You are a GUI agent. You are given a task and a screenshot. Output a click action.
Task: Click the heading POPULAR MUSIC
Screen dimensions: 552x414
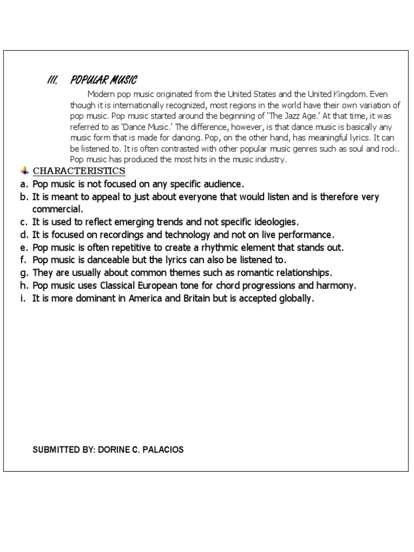pos(103,80)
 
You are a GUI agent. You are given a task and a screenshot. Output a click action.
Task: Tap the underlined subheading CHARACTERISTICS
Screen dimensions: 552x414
pos(79,171)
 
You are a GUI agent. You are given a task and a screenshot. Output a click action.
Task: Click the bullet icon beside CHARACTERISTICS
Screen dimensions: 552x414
pos(24,171)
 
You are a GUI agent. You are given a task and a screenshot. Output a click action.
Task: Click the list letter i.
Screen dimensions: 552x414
pos(24,298)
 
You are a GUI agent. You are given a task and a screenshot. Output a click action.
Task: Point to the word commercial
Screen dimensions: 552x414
pos(58,209)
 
